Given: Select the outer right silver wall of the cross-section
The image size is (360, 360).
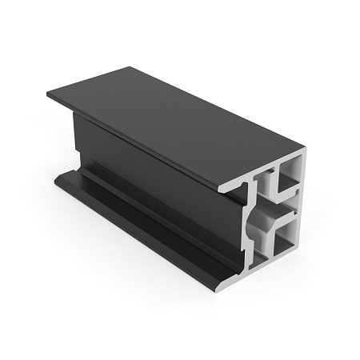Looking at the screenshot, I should point(303,204).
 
